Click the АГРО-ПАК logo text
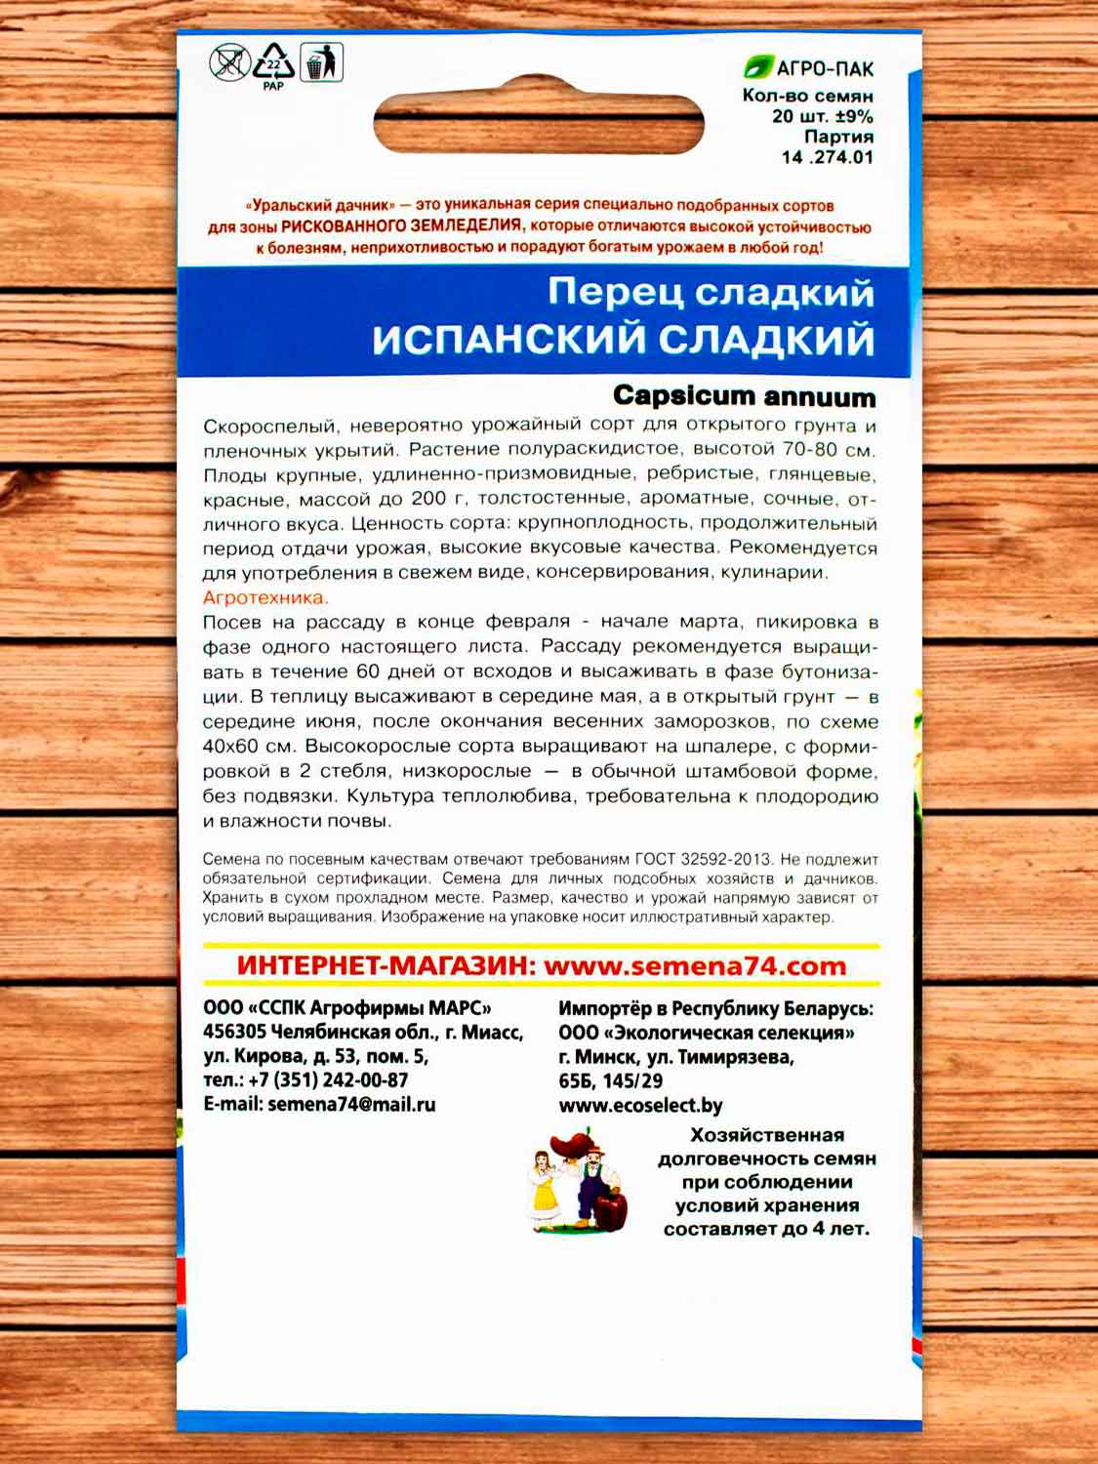click(x=824, y=68)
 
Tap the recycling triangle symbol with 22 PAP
click(x=273, y=64)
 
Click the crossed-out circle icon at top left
click(x=230, y=63)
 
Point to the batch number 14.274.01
click(x=827, y=157)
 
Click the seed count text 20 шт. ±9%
click(x=822, y=116)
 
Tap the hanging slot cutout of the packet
click(x=539, y=122)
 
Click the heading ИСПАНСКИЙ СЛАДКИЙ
click(x=623, y=340)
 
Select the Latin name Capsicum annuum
click(x=744, y=396)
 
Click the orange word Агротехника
click(x=265, y=597)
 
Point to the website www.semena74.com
click(x=694, y=966)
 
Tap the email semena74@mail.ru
click(x=351, y=1105)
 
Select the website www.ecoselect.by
click(x=640, y=1106)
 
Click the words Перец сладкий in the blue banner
click(x=711, y=292)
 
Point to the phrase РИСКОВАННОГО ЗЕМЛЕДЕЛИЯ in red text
click(x=401, y=225)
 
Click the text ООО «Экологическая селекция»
click(x=707, y=1033)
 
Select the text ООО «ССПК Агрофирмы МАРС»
click(x=347, y=1008)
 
